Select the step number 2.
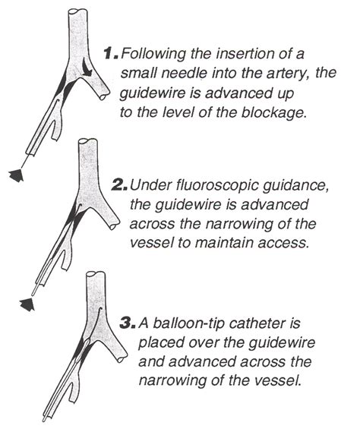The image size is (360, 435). (x=119, y=184)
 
